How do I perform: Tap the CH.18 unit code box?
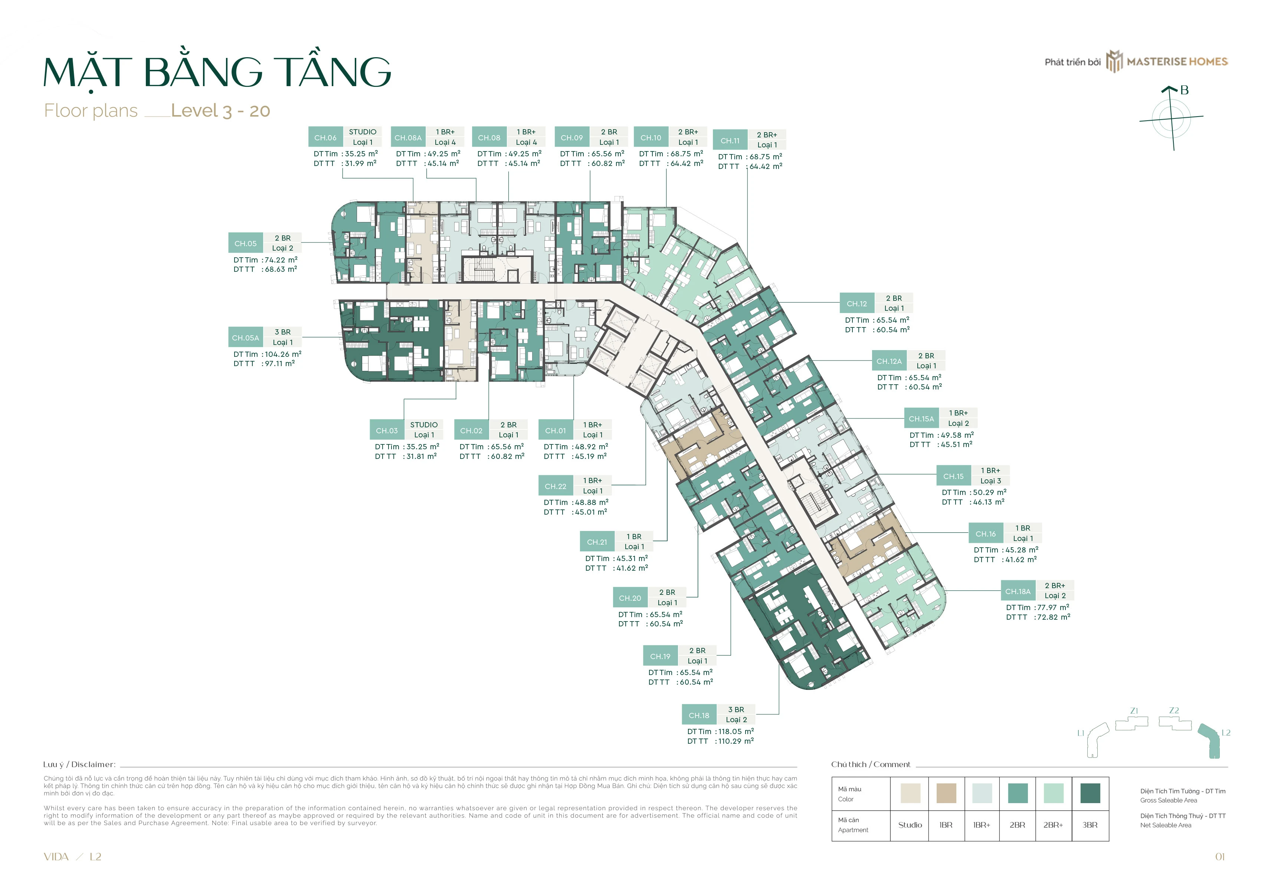(x=699, y=715)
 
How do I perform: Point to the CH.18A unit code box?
(x=1018, y=591)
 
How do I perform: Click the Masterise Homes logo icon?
(x=1114, y=61)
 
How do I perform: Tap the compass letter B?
(x=1184, y=90)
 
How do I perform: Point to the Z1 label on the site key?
(x=1134, y=711)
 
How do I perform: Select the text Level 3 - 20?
(x=221, y=111)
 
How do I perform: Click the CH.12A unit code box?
(x=889, y=361)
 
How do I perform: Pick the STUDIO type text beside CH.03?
(x=424, y=425)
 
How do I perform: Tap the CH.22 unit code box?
(x=555, y=486)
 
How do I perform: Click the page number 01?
(x=1220, y=857)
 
